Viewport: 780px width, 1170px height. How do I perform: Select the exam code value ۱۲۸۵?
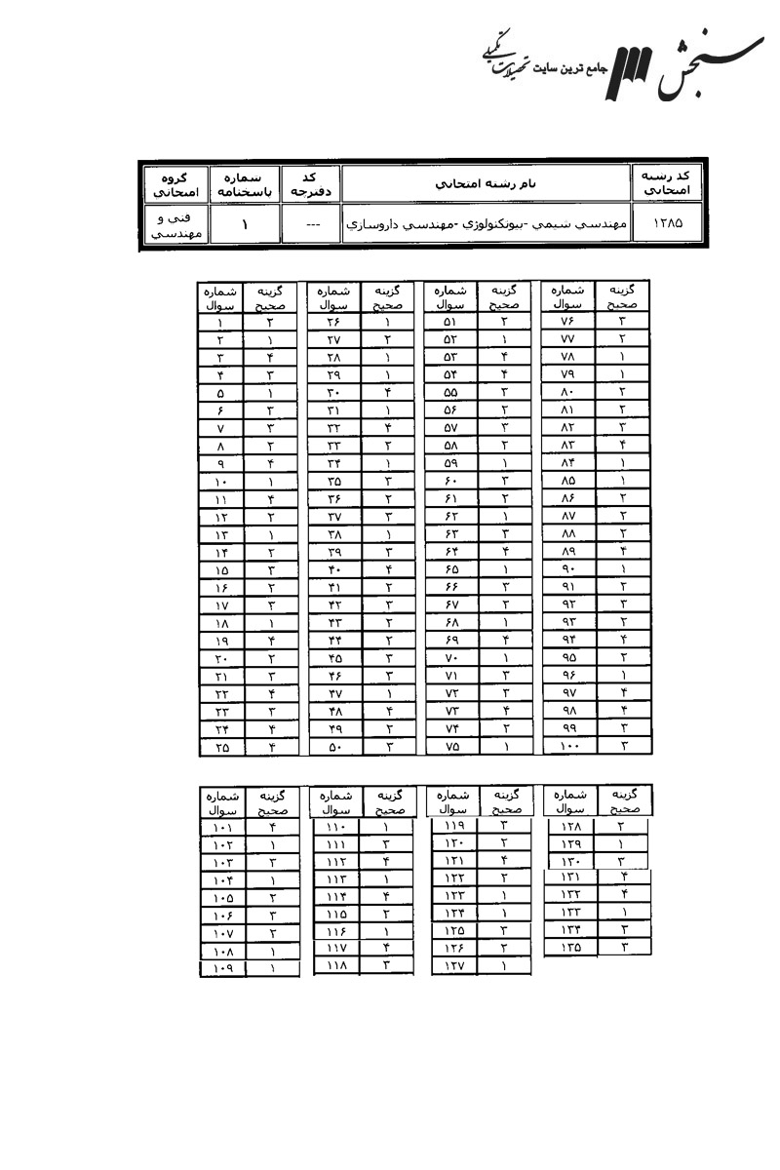(x=669, y=223)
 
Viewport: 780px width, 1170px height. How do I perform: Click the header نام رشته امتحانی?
(x=485, y=183)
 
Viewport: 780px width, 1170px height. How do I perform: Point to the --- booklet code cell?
(x=310, y=224)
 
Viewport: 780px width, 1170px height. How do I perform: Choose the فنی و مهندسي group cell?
(x=173, y=225)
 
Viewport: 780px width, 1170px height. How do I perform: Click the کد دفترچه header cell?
(x=310, y=183)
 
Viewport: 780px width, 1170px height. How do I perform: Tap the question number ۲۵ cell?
(x=221, y=748)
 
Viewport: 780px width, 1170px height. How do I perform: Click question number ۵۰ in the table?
(x=333, y=748)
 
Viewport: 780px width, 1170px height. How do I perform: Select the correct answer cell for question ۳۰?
(x=387, y=392)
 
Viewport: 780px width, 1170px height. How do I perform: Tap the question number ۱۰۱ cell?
(x=221, y=827)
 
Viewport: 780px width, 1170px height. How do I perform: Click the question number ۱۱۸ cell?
(x=336, y=967)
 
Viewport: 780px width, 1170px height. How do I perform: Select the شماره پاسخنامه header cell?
(x=242, y=183)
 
